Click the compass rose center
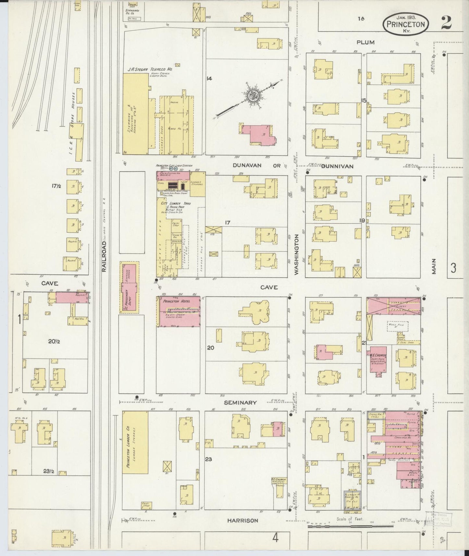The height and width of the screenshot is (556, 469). (253, 96)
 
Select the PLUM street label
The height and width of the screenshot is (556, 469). (365, 42)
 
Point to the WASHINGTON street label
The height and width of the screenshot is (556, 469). (296, 255)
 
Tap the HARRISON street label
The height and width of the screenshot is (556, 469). (242, 520)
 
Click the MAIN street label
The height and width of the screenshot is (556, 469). (434, 267)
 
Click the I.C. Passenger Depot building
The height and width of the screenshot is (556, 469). (129, 287)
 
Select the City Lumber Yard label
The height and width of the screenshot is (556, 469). (176, 203)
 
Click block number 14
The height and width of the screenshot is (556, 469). (209, 78)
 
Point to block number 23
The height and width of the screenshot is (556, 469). (208, 459)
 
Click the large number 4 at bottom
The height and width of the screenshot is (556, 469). (275, 538)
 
